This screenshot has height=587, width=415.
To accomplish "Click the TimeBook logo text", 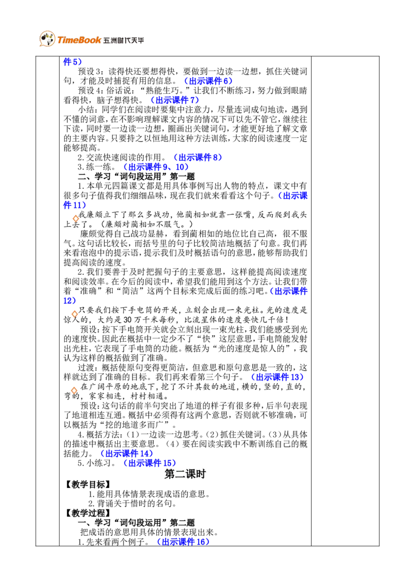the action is pos(79,40).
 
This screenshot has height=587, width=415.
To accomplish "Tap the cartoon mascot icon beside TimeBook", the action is pos(47,38).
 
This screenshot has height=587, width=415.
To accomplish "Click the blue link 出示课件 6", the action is pos(208,81).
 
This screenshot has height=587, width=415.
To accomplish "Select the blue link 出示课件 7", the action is pos(174,100).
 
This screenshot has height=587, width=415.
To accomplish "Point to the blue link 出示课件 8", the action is pos(198,157).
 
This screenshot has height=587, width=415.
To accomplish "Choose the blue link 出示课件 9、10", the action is pos(156,167).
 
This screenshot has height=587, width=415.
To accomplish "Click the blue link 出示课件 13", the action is pos(277,377).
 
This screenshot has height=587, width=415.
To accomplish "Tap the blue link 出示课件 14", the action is pos(126,453).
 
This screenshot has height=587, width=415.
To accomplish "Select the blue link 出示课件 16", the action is pos(183,542).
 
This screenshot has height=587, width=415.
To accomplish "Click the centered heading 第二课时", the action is pos(185,474).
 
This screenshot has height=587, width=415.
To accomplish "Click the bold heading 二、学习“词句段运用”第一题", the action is pos(136,176).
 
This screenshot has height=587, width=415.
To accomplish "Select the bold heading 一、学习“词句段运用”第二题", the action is pos(136,523).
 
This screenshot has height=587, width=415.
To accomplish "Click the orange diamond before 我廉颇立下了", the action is pos(75,218).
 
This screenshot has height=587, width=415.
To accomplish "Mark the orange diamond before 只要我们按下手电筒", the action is pos(75,314).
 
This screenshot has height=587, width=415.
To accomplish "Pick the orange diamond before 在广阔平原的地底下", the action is pos(74,390).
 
